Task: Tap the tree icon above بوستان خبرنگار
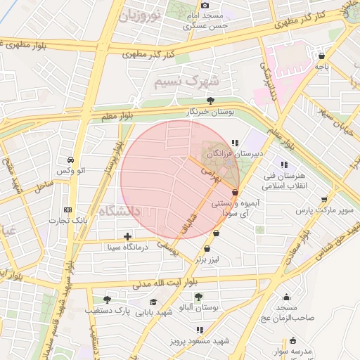tap(210, 100)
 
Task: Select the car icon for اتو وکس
tap(71, 160)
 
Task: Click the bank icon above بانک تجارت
tap(67, 210)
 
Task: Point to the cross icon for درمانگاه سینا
tap(127, 236)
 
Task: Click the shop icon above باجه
tap(322, 56)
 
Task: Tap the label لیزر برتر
tap(209, 259)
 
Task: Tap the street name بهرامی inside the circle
tap(211, 176)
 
